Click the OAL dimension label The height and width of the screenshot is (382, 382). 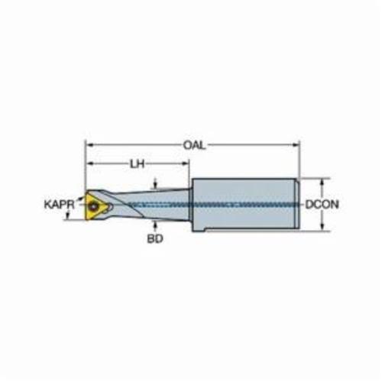pos(194,146)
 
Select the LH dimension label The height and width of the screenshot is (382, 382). pos(138,164)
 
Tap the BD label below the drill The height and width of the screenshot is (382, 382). pos(155,239)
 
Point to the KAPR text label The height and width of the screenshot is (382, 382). pos(60,204)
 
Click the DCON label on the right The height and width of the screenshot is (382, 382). pos(322,204)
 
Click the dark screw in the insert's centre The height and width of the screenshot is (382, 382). pos(93,206)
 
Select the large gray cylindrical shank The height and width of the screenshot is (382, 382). pos(245,205)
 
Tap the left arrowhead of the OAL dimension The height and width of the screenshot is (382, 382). pos(89,145)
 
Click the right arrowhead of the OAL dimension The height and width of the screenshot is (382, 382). pos(296,145)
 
